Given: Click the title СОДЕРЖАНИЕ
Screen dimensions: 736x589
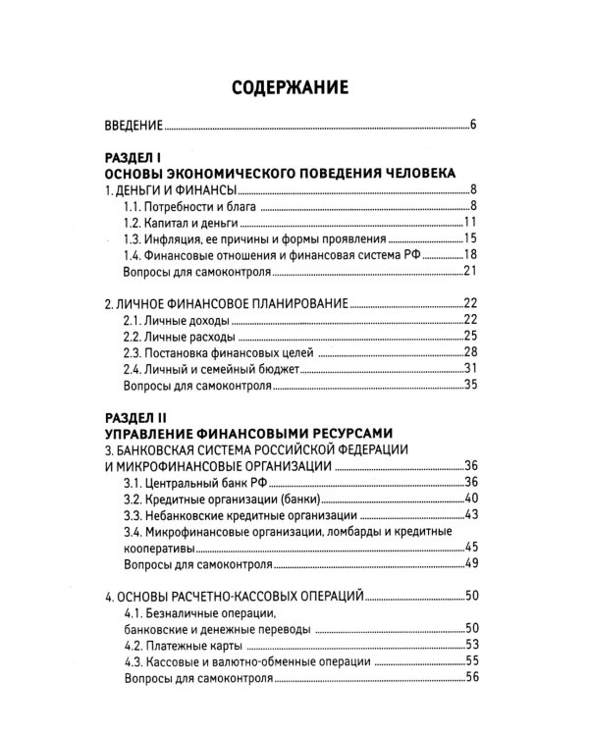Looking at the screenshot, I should [x=290, y=88].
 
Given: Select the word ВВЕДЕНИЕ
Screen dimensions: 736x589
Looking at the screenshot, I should [x=134, y=126].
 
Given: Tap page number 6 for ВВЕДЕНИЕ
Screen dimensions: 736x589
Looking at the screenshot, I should [x=472, y=125].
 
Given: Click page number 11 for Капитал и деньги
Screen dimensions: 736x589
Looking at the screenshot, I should [x=469, y=222].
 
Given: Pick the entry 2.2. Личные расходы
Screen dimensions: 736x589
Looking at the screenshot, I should [x=177, y=337].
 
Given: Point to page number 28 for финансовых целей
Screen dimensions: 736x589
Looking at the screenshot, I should [x=469, y=352].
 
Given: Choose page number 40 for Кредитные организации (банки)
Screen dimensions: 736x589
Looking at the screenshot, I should [x=469, y=499].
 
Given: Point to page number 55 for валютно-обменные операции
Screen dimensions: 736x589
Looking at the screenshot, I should [x=469, y=661].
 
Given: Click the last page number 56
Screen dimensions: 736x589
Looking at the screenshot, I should [x=469, y=677].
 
